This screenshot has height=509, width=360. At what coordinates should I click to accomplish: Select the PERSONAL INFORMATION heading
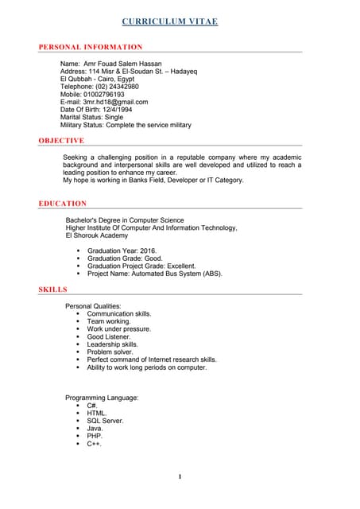(91, 48)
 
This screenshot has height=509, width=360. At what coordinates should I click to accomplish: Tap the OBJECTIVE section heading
(61, 141)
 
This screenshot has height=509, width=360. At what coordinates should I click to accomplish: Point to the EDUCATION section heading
(63, 204)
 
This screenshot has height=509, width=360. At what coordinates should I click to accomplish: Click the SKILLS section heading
(53, 289)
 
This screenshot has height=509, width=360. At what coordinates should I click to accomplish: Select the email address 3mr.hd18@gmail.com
(116, 102)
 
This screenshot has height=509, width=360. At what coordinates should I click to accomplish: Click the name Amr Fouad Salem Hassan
(127, 63)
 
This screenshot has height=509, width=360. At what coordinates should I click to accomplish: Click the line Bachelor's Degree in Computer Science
(125, 220)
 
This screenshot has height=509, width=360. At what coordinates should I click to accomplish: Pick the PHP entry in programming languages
(95, 436)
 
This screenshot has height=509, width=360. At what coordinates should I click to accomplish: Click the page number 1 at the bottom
(180, 476)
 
